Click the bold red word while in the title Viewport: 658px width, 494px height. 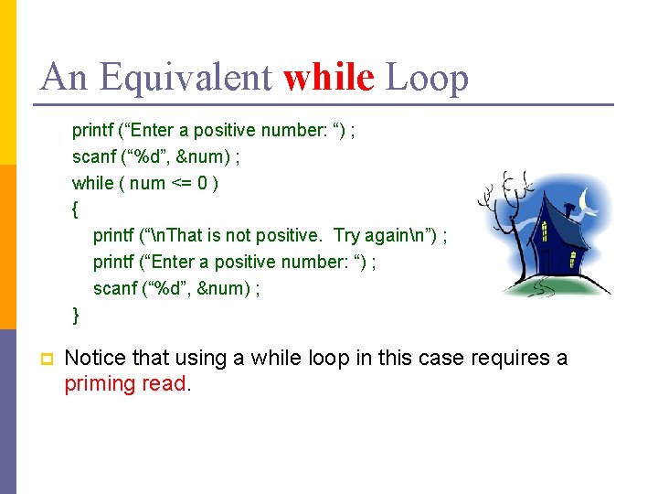[329, 78]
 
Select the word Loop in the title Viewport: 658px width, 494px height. [427, 78]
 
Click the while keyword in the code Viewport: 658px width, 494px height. [92, 183]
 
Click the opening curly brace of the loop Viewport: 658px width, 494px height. [75, 209]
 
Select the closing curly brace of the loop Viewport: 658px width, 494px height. [76, 316]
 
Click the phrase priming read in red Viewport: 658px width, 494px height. [124, 383]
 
